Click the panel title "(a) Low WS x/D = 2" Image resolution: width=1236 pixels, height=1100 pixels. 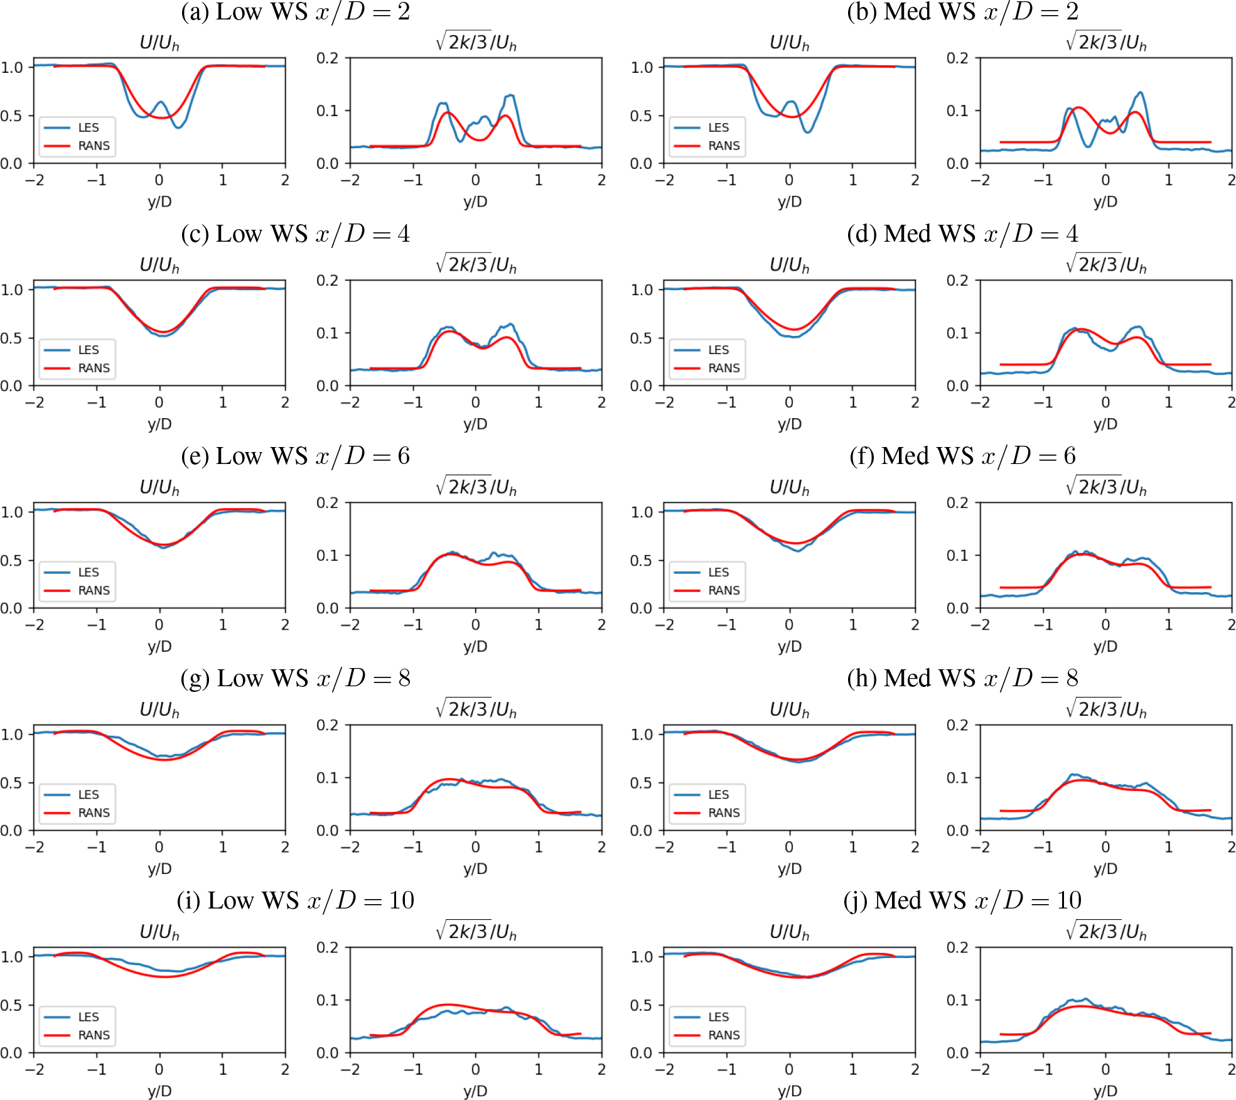click(x=296, y=12)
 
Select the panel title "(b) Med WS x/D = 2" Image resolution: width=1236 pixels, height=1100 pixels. click(x=962, y=12)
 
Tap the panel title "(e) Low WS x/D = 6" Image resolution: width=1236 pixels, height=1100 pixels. click(x=296, y=456)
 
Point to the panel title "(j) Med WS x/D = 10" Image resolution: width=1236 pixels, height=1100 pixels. click(x=962, y=900)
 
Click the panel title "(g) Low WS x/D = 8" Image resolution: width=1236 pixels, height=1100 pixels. click(x=296, y=678)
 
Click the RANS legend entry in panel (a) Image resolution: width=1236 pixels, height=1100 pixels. click(x=77, y=146)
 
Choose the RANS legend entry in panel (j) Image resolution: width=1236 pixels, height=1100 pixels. click(x=707, y=1035)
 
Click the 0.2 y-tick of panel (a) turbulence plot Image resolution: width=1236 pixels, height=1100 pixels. click(x=328, y=58)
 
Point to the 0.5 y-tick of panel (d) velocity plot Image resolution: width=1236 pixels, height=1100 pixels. click(x=641, y=338)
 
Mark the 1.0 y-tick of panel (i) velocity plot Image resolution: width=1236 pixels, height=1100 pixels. click(x=11, y=957)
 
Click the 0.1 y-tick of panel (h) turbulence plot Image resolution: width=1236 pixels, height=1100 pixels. click(x=958, y=778)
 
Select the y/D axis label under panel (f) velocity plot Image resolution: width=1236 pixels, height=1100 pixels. click(x=790, y=646)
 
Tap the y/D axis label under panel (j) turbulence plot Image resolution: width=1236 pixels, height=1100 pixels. click(x=1105, y=1091)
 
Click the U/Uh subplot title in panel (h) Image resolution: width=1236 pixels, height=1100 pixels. click(x=790, y=710)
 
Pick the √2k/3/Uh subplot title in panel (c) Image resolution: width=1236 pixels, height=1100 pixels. click(x=476, y=264)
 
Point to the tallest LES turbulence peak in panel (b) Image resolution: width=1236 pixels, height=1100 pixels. click(x=1140, y=93)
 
